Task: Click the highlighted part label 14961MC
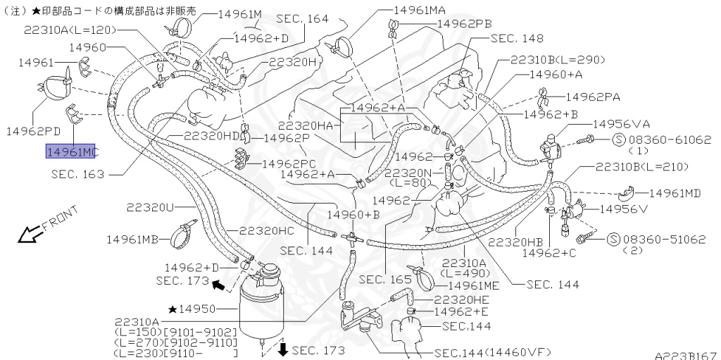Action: click(73, 152)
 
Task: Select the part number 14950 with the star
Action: click(199, 309)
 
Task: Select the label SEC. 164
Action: click(302, 19)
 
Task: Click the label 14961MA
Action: click(420, 10)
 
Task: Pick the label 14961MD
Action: click(675, 192)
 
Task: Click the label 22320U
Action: click(150, 207)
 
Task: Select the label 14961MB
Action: click(132, 239)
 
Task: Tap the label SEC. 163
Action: click(77, 173)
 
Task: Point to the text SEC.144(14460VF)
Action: click(492, 352)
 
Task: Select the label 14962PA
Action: click(592, 97)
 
